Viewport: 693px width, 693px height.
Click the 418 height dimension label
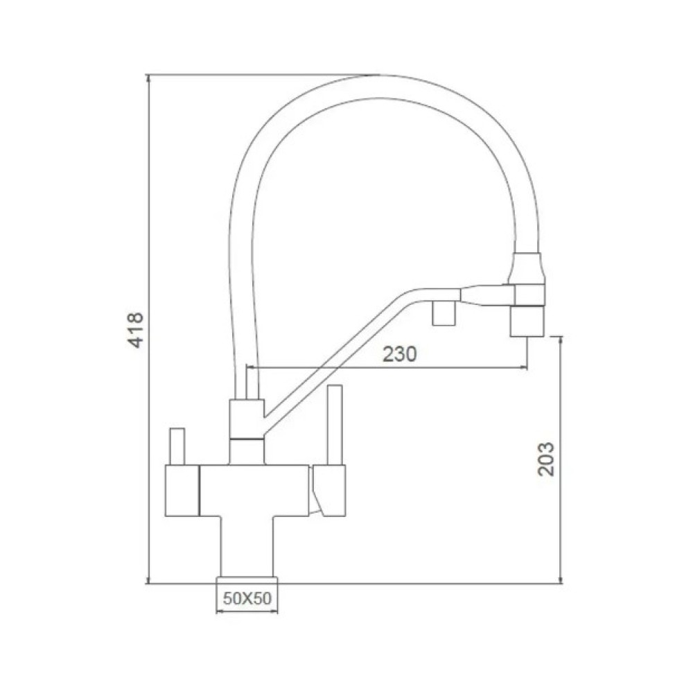point(136,330)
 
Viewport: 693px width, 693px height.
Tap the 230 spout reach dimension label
point(400,354)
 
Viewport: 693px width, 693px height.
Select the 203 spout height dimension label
point(546,459)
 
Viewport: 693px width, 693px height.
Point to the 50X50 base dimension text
point(247,599)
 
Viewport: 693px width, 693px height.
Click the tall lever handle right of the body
point(335,425)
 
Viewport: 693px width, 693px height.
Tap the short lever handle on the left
point(177,446)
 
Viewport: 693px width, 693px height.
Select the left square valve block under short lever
point(182,491)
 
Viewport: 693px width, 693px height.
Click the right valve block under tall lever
point(328,490)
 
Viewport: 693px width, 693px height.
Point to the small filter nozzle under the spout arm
point(444,313)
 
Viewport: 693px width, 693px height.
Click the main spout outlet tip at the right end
point(527,322)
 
